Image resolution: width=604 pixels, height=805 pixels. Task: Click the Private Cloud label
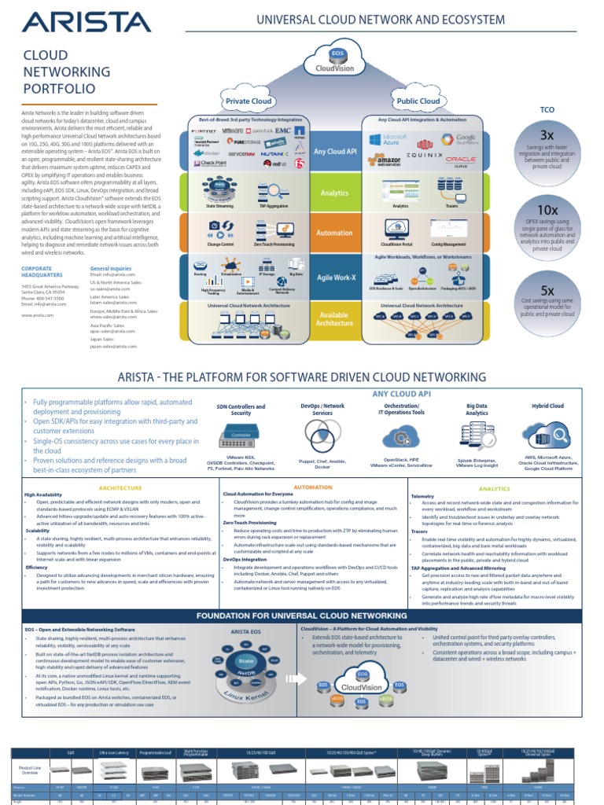tap(248, 101)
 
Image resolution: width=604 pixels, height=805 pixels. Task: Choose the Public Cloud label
tap(418, 101)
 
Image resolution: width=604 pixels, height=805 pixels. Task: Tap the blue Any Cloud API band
tap(334, 152)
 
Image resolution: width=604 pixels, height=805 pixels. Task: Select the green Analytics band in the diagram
tap(334, 193)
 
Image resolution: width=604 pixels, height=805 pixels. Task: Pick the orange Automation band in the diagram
tap(334, 233)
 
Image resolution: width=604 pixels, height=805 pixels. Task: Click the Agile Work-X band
tap(334, 277)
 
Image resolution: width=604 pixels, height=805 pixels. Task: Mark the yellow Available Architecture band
tap(334, 319)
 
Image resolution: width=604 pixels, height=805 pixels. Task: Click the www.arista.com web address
tap(39, 314)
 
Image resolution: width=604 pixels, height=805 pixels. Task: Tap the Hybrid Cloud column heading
tap(547, 406)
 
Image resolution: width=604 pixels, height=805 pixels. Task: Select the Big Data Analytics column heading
tap(477, 410)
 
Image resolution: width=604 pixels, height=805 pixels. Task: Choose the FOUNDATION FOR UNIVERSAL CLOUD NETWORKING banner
tap(301, 615)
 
